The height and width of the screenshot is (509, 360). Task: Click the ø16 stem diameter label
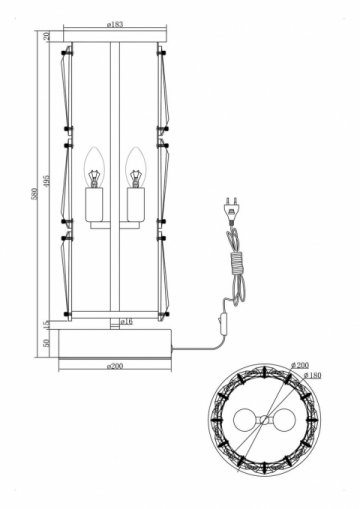pyautogui.click(x=126, y=322)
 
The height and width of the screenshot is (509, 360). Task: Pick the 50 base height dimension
pyautogui.click(x=47, y=341)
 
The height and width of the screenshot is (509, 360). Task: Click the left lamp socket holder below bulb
pyautogui.click(x=98, y=205)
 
